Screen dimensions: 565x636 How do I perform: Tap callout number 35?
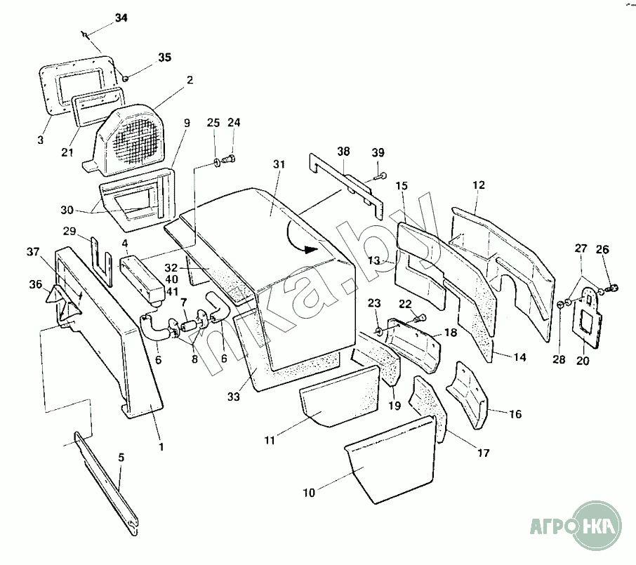point(164,58)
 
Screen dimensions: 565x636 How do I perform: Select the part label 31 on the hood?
point(279,165)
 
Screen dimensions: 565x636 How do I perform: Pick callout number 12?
point(478,185)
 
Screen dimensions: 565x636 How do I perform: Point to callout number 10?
point(309,493)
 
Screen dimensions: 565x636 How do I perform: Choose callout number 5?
point(121,457)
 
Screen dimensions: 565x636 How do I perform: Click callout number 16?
point(515,414)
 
